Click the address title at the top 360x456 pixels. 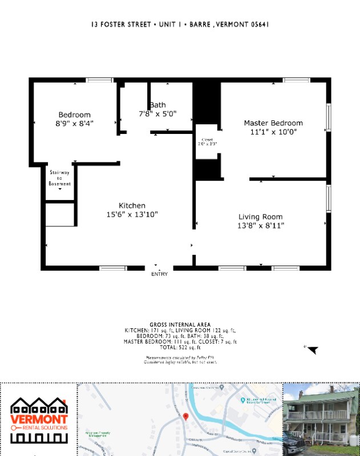point(180,25)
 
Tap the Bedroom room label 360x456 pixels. point(74,115)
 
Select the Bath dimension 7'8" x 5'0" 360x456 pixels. point(157,113)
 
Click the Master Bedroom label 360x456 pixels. point(273,123)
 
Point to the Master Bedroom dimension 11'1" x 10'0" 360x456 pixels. point(273,132)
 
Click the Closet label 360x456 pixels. point(207,140)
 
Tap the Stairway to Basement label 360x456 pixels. point(59,178)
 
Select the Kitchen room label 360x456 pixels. point(132,206)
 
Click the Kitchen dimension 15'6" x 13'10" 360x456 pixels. point(132,214)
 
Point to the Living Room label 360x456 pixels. point(260,217)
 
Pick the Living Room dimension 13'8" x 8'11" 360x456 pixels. point(260,225)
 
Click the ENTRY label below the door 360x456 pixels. point(160,274)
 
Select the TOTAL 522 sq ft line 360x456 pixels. point(180,347)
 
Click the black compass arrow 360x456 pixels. point(313,350)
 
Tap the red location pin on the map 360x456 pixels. point(185,416)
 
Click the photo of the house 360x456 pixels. point(321,419)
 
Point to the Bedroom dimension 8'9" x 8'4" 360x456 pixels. point(74,123)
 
